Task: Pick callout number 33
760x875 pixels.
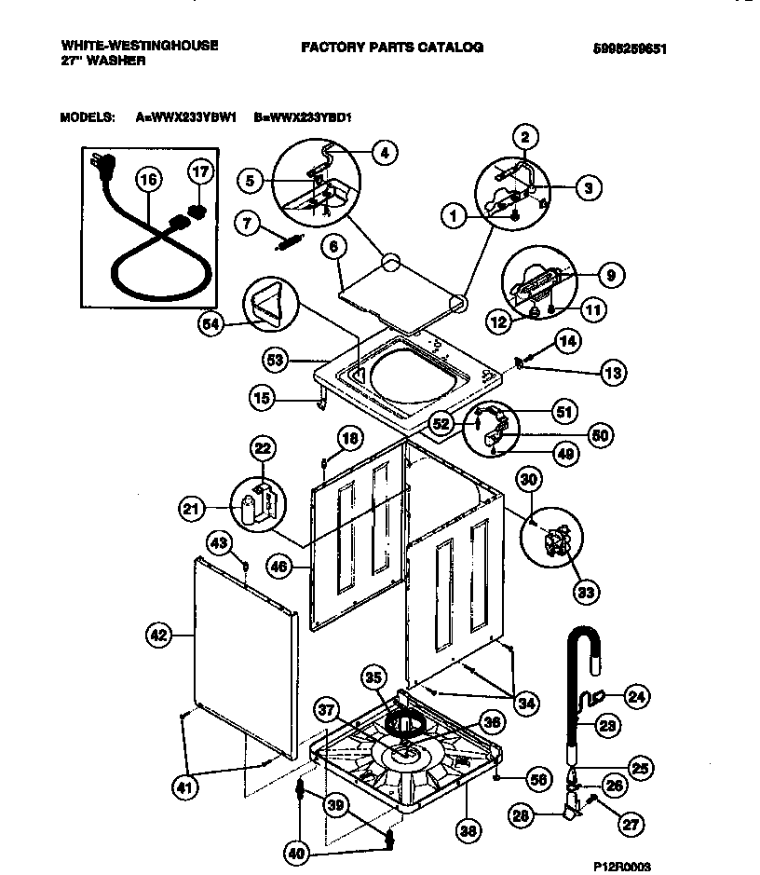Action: tap(588, 591)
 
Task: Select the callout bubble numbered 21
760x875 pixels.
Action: tap(191, 508)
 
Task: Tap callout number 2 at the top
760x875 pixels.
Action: tap(524, 138)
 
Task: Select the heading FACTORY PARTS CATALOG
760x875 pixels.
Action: tap(391, 47)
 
